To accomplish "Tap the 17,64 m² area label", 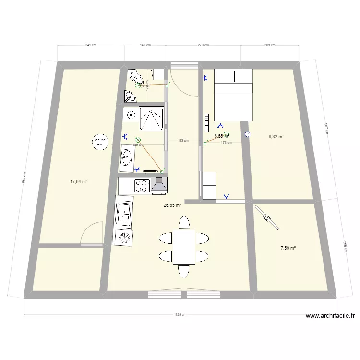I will pos(78,182).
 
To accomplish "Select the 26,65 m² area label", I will pos(172,205).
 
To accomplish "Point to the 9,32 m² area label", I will pos(276,137).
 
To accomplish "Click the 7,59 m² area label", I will pos(288,248).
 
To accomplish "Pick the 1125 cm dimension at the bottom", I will pos(180,315).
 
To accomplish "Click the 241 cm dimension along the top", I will pos(91,45).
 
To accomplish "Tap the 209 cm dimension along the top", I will pos(269,45).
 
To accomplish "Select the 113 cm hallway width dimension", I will pos(182,141).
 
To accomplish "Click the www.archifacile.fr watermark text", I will pos(330,316).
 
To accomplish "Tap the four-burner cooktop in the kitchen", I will pos(142,186).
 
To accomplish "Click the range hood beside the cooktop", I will pos(159,186).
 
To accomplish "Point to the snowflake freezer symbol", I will pos(124,237).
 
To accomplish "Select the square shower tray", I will pos(152,119).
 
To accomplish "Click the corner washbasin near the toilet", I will pos(130,98).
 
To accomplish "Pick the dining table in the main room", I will pos(184,247).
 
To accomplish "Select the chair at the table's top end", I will pos(184,223).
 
